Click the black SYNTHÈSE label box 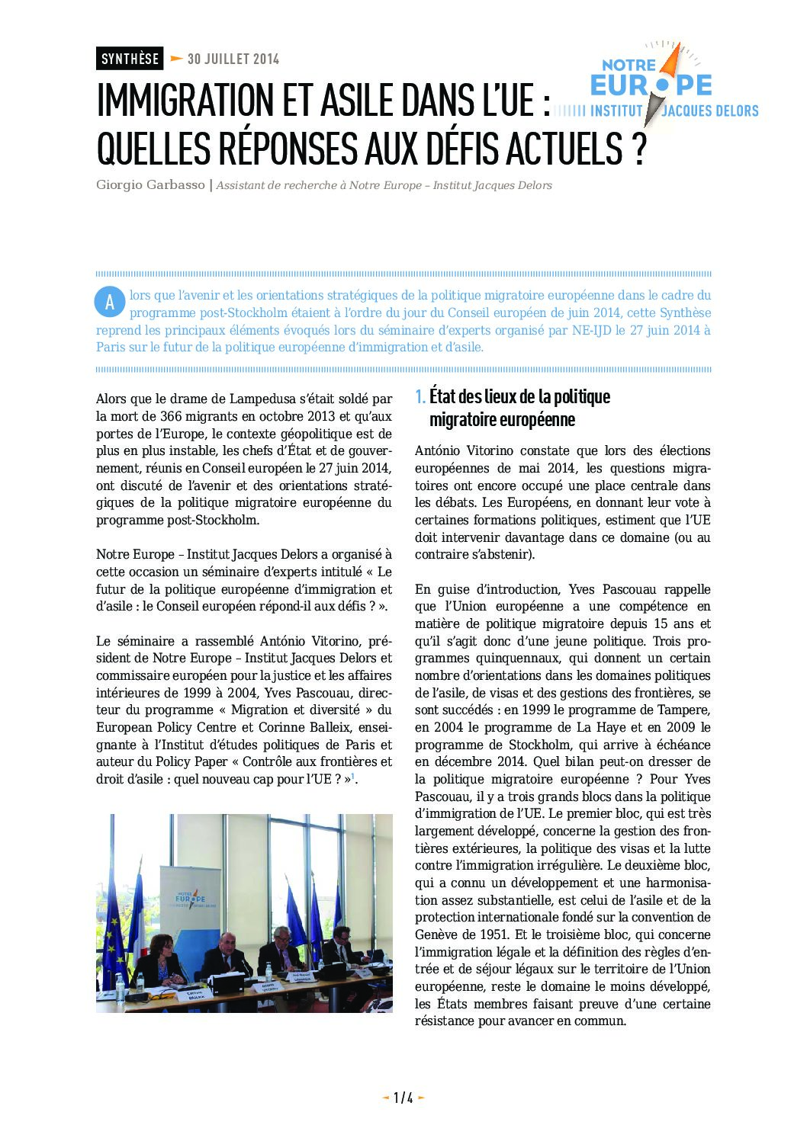click(130, 59)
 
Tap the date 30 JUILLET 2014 click(233, 59)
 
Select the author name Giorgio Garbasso click(150, 185)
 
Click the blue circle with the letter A click(110, 303)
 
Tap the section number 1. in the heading click(420, 396)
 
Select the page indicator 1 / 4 click(403, 1098)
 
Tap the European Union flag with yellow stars click(113, 907)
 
